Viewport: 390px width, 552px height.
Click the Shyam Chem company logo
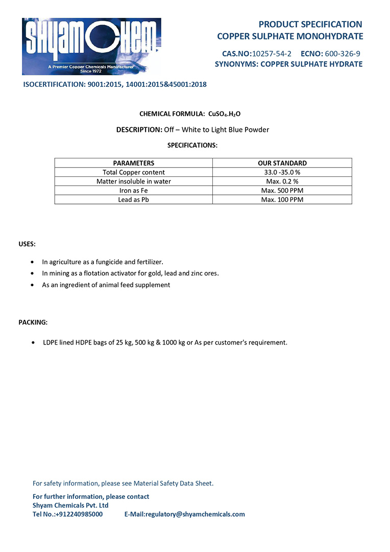(91, 47)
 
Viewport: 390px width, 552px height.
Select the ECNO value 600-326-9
(343, 53)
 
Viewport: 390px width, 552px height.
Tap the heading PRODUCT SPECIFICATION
(310, 24)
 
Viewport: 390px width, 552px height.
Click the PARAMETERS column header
(133, 163)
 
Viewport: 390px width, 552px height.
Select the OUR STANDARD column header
(282, 163)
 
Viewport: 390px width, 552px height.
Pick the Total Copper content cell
(133, 172)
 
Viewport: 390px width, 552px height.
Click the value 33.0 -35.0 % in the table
(282, 172)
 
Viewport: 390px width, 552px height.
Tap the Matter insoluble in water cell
(133, 181)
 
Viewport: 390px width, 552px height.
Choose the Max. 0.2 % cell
(282, 181)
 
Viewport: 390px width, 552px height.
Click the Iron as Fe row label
(133, 191)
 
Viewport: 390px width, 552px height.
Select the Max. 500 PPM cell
(282, 191)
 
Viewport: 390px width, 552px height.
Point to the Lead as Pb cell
(133, 200)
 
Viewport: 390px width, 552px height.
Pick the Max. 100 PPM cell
(282, 200)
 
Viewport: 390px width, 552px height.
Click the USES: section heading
(27, 244)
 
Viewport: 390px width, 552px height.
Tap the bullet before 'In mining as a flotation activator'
(33, 273)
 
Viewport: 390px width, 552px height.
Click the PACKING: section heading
(33, 323)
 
